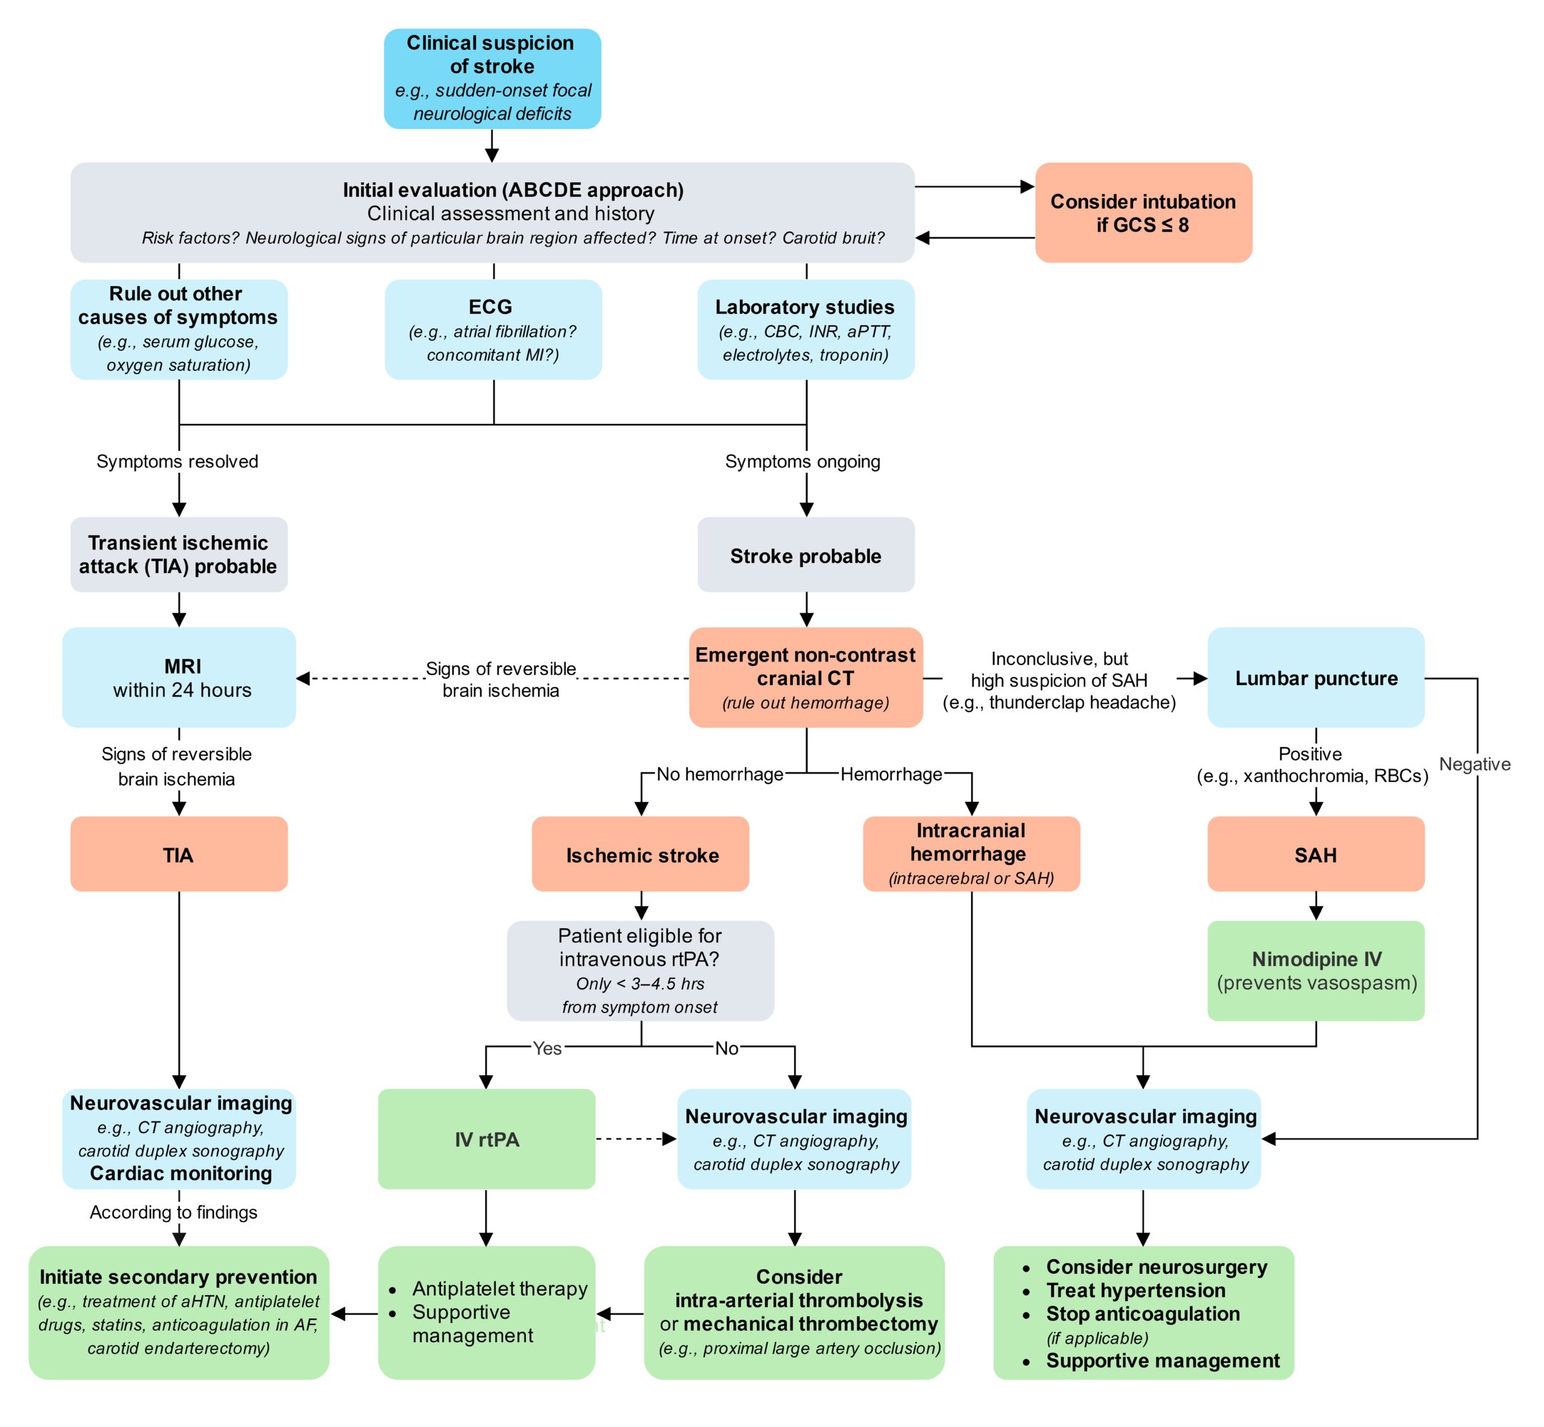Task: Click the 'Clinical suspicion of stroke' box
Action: [492, 78]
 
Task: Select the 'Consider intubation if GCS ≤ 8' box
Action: [1143, 213]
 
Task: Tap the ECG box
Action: [493, 330]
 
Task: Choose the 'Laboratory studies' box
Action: [806, 330]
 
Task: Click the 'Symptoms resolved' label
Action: [178, 462]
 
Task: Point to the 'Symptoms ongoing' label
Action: [803, 462]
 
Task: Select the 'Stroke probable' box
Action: [806, 555]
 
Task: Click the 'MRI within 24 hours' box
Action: [179, 677]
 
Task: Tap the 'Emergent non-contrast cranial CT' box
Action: [806, 677]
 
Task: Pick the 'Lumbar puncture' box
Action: [1316, 677]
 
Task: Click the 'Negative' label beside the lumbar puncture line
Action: [1476, 764]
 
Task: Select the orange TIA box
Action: [179, 854]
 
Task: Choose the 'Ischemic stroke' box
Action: [641, 854]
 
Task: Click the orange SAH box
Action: [1316, 854]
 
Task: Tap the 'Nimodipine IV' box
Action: [1316, 970]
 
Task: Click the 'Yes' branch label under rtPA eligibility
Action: [547, 1048]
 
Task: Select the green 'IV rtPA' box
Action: [487, 1139]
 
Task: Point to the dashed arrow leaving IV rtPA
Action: [636, 1139]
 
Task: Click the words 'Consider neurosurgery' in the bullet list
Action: [1157, 1267]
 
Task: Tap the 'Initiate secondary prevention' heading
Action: [178, 1277]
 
